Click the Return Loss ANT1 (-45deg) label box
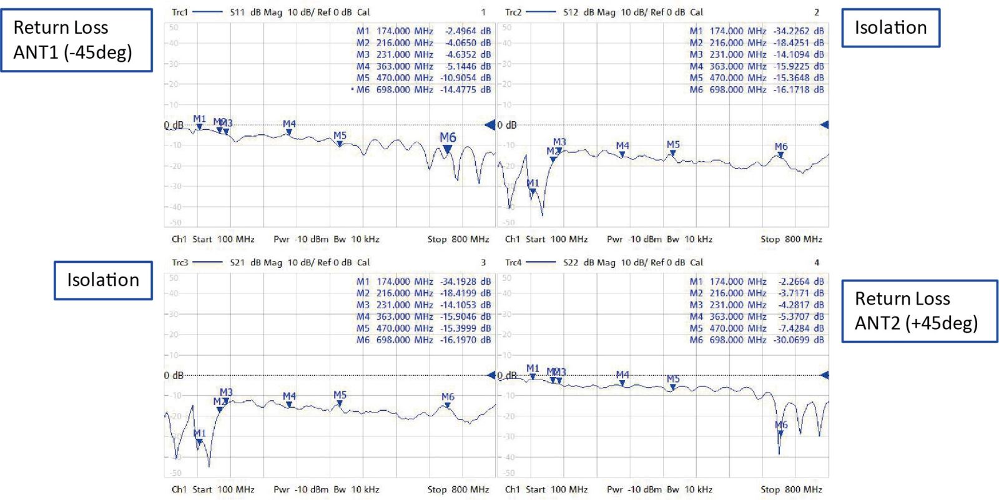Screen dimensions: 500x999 (x=76, y=40)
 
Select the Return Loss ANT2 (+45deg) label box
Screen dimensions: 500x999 (x=919, y=311)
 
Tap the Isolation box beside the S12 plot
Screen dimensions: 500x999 (x=890, y=28)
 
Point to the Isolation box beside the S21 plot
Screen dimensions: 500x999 (x=103, y=280)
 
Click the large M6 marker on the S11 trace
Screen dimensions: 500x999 (x=448, y=149)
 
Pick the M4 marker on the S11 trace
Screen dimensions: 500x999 (x=289, y=132)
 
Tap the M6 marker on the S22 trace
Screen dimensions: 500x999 (x=780, y=433)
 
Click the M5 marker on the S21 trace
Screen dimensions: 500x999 (x=340, y=403)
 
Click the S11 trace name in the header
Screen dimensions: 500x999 (x=237, y=12)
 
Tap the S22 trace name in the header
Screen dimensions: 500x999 (x=571, y=263)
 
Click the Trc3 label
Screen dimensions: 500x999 (x=180, y=263)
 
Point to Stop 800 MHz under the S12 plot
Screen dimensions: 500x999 (x=791, y=239)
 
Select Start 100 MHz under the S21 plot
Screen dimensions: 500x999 (x=223, y=489)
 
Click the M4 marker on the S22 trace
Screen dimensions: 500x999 (x=623, y=383)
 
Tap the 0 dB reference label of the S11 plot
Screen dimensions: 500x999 (x=174, y=125)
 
